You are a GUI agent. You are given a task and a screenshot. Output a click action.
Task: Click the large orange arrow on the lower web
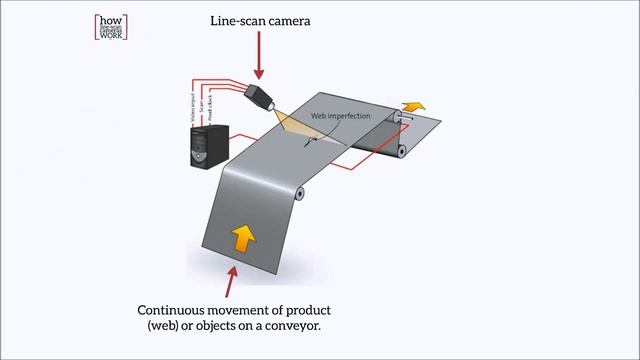coord(241,239)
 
